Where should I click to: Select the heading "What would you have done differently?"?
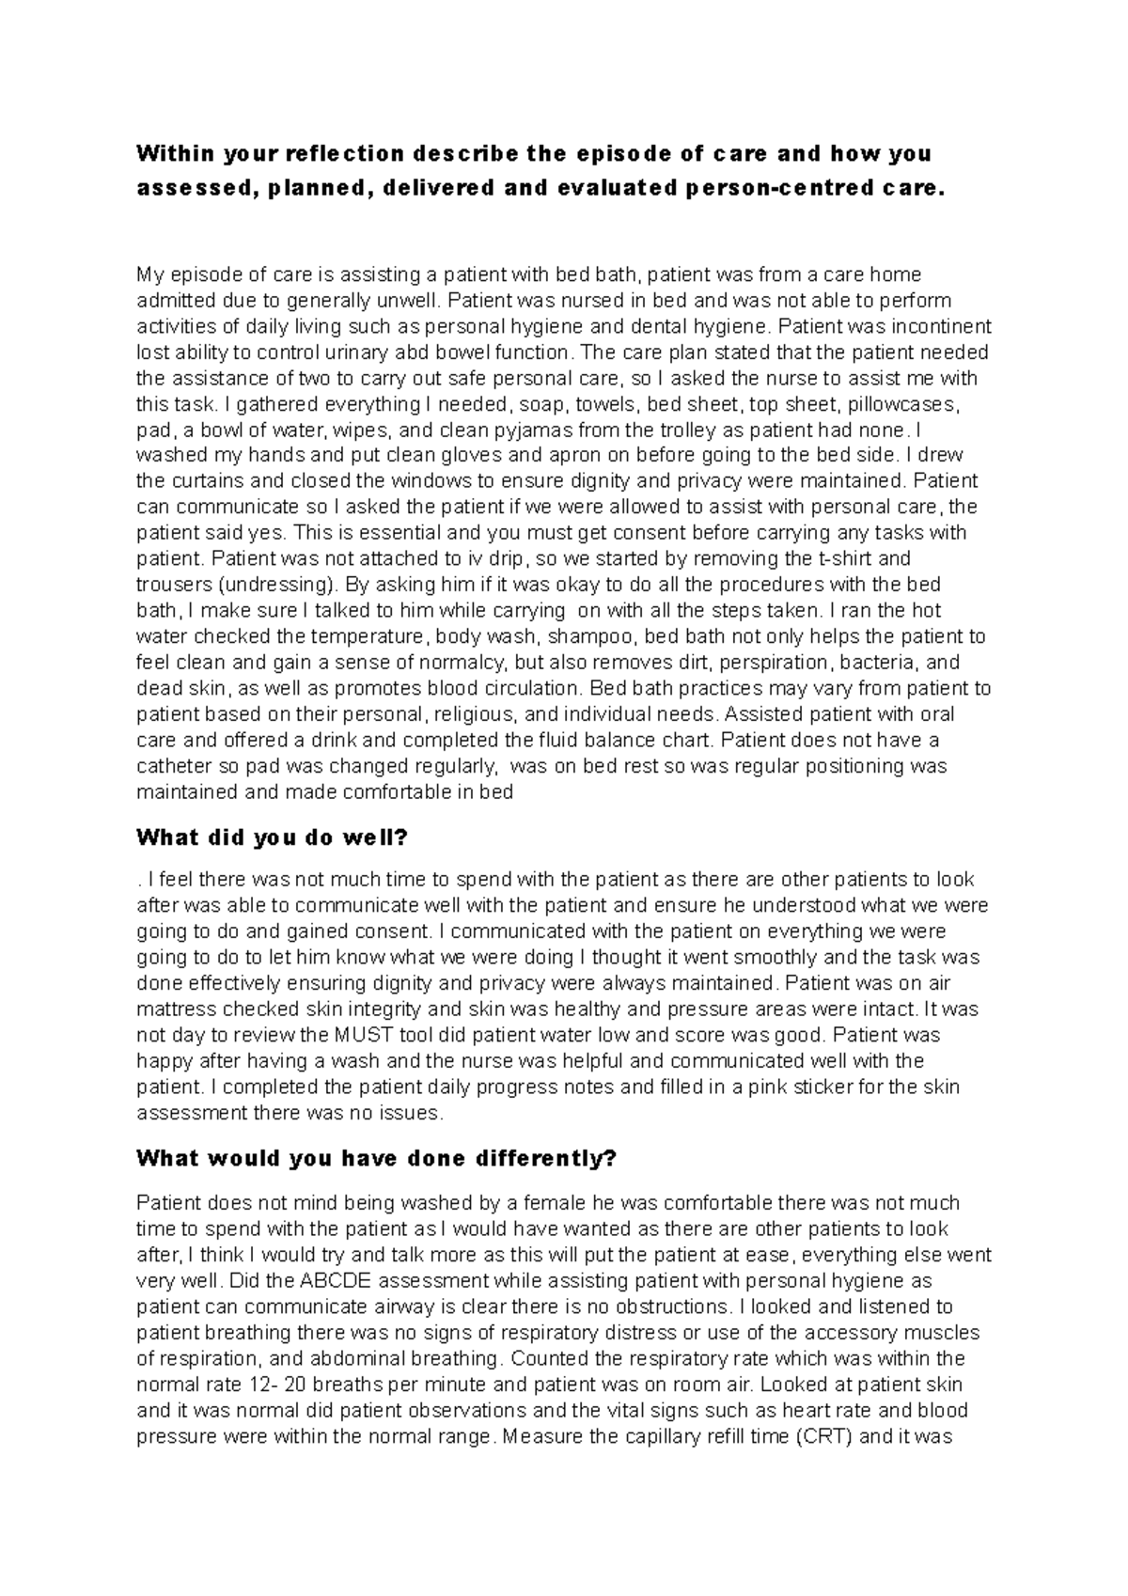click(376, 1159)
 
